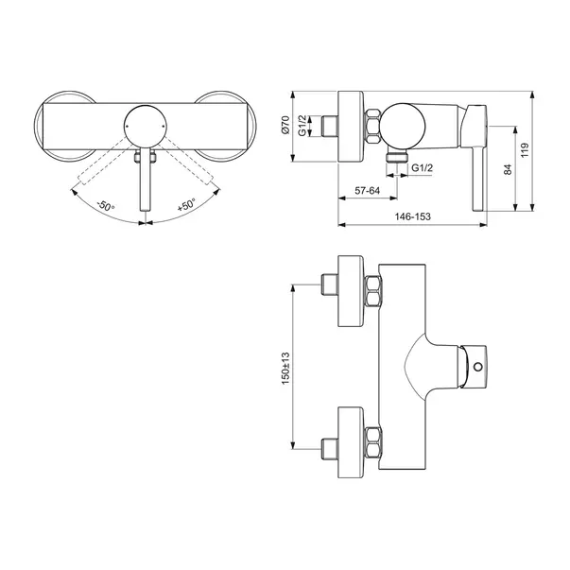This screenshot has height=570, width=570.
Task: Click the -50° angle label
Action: coord(105,205)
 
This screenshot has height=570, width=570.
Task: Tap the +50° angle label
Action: coord(184,205)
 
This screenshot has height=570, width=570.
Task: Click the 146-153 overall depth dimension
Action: coord(416,217)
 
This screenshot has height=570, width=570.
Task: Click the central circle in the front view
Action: coord(144,123)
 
